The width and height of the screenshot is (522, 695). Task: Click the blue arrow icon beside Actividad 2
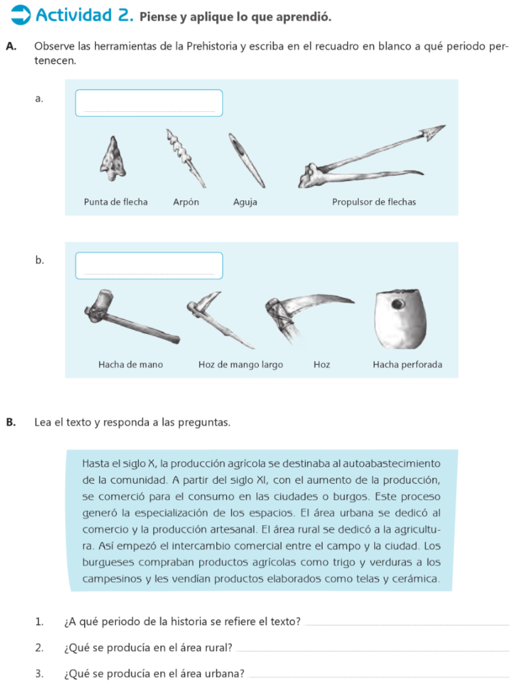tap(20, 15)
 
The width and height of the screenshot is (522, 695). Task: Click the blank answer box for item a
tap(148, 103)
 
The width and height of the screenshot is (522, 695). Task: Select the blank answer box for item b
tap(148, 265)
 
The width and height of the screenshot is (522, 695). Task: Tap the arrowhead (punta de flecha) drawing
tap(113, 158)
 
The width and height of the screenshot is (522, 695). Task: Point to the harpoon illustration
tap(186, 158)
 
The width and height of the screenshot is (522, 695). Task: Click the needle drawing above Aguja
tap(247, 160)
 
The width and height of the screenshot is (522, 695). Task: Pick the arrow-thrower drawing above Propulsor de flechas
tap(372, 157)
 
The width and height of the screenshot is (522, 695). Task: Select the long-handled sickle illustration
tap(220, 320)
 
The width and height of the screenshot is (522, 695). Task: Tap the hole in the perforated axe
tap(397, 305)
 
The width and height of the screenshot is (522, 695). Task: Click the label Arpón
tap(186, 202)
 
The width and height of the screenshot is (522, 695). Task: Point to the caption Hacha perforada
tap(407, 364)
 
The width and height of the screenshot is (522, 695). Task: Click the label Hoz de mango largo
tap(241, 364)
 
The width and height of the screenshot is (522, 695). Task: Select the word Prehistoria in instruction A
tap(212, 47)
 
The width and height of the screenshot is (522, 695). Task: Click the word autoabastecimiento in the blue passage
tap(391, 464)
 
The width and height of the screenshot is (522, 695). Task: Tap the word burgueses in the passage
tap(108, 563)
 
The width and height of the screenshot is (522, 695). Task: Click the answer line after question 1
tap(407, 625)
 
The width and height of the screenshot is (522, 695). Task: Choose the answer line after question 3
tap(379, 677)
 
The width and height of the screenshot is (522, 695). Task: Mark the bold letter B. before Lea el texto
tap(11, 422)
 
